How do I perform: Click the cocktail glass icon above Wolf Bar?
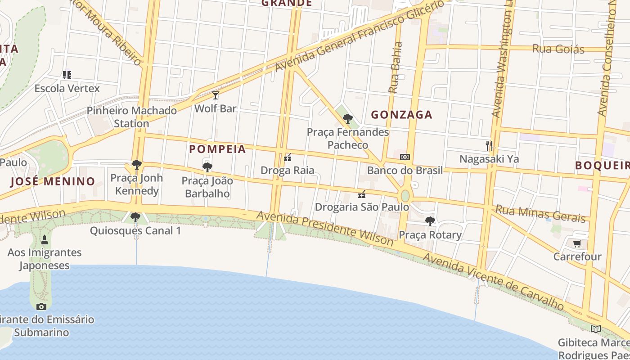[x=216, y=95]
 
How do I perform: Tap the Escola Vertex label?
[x=67, y=88]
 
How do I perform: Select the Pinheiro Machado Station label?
[x=131, y=117]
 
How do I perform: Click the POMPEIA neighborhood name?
[x=217, y=149]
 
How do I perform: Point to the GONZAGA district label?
[x=401, y=115]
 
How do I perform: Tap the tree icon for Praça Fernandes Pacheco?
[x=347, y=119]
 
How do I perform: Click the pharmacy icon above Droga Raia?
[x=288, y=157]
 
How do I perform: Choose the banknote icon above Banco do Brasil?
[x=405, y=157]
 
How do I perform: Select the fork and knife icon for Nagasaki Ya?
[x=489, y=145]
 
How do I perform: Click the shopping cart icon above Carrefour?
[x=577, y=243]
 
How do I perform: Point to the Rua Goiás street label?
[x=558, y=49]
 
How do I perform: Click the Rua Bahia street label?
[x=395, y=67]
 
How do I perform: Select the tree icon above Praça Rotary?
[x=430, y=221]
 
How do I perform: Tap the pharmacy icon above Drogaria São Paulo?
[x=362, y=194]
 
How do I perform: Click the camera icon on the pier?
[x=41, y=306]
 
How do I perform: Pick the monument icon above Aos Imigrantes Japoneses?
[x=44, y=239]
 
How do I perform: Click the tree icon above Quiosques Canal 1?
[x=135, y=217]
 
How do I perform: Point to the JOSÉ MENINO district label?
[x=53, y=181]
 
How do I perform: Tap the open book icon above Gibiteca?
[x=595, y=329]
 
